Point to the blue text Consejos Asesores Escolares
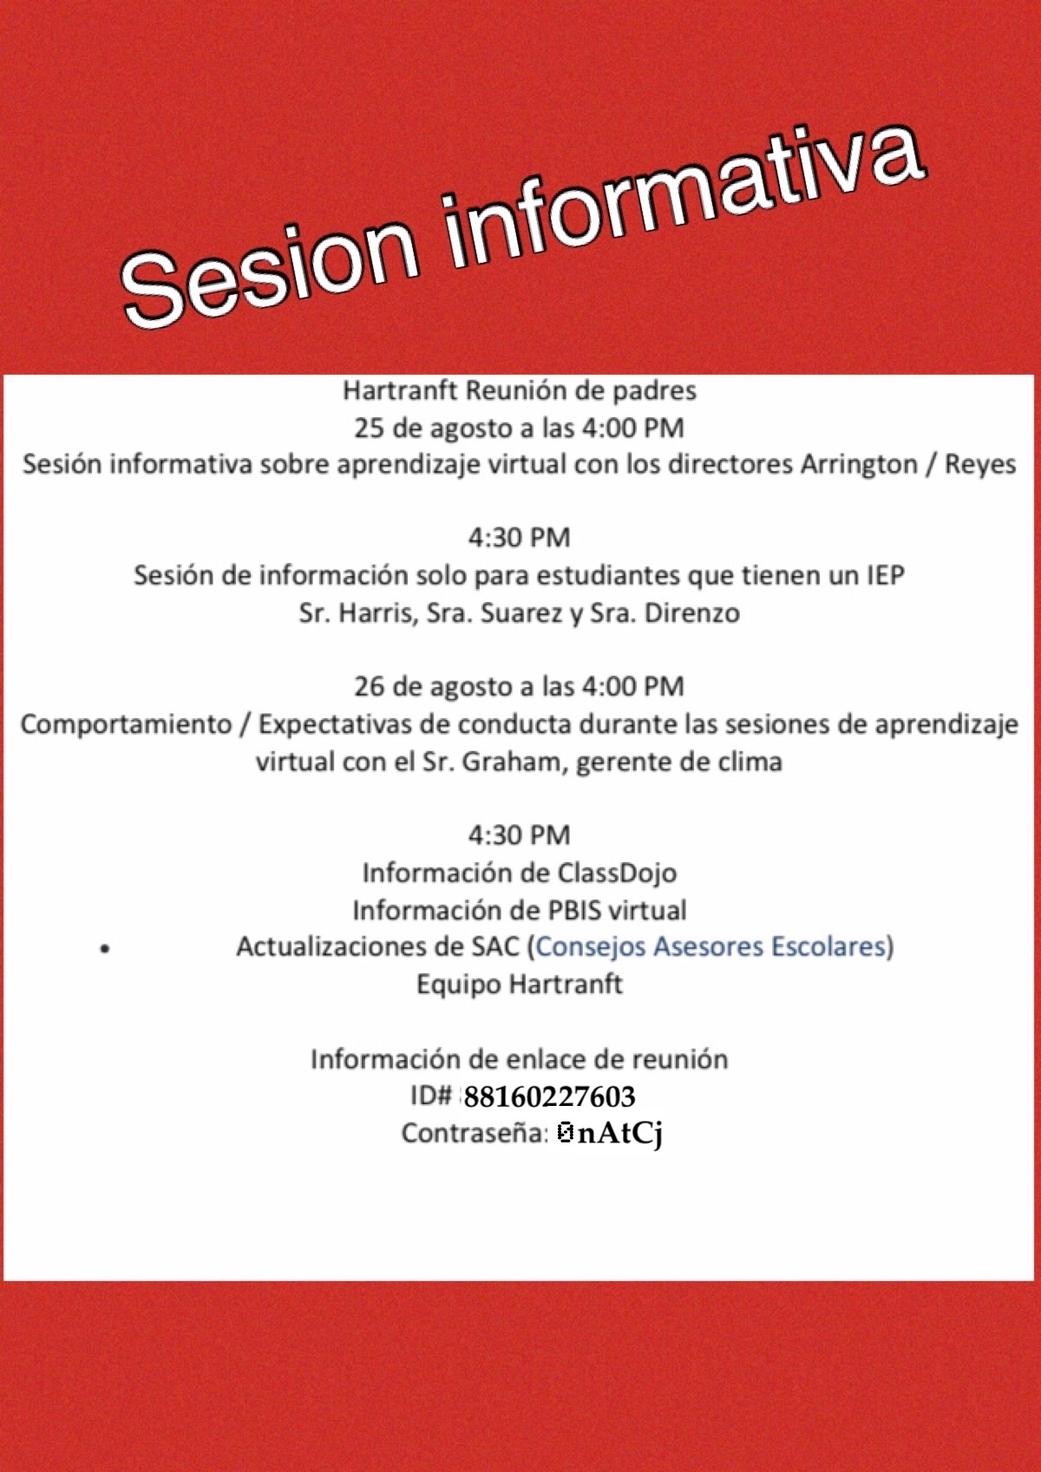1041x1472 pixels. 710,946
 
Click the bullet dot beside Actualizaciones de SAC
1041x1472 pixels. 104,950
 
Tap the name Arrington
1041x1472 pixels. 858,465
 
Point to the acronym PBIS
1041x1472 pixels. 572,911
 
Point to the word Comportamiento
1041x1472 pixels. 126,725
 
